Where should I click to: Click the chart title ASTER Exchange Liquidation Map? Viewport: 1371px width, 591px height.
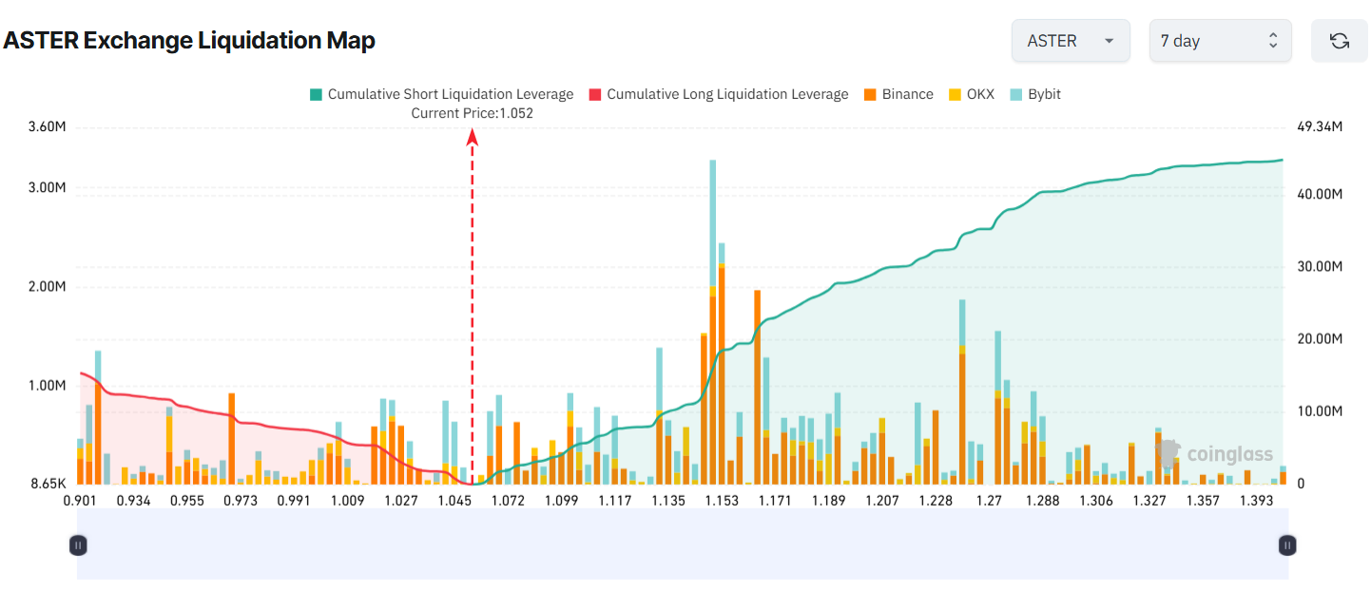pyautogui.click(x=189, y=41)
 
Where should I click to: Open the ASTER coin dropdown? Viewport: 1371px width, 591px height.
pyautogui.click(x=1070, y=41)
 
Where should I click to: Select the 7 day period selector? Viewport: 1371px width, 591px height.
pyautogui.click(x=1219, y=41)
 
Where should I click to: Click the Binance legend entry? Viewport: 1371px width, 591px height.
pyautogui.click(x=898, y=94)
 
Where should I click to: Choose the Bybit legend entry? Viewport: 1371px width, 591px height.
pyautogui.click(x=1034, y=94)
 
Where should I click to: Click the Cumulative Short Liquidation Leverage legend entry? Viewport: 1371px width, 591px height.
pyautogui.click(x=441, y=94)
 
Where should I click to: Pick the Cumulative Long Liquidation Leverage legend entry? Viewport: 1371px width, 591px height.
pyautogui.click(x=718, y=94)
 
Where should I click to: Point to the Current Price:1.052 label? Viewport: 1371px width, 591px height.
pyautogui.click(x=472, y=113)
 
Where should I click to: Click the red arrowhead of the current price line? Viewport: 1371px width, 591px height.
pyautogui.click(x=472, y=137)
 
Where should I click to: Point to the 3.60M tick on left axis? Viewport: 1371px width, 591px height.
pyautogui.click(x=48, y=127)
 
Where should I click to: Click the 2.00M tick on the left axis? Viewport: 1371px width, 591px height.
pyautogui.click(x=48, y=287)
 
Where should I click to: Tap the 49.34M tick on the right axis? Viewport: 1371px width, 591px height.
pyautogui.click(x=1319, y=127)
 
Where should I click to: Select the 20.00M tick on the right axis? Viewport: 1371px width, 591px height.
pyautogui.click(x=1319, y=339)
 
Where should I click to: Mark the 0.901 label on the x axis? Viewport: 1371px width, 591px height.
pyautogui.click(x=80, y=501)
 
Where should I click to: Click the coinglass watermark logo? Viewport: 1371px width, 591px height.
pyautogui.click(x=1217, y=454)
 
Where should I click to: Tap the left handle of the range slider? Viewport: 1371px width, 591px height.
pyautogui.click(x=79, y=545)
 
